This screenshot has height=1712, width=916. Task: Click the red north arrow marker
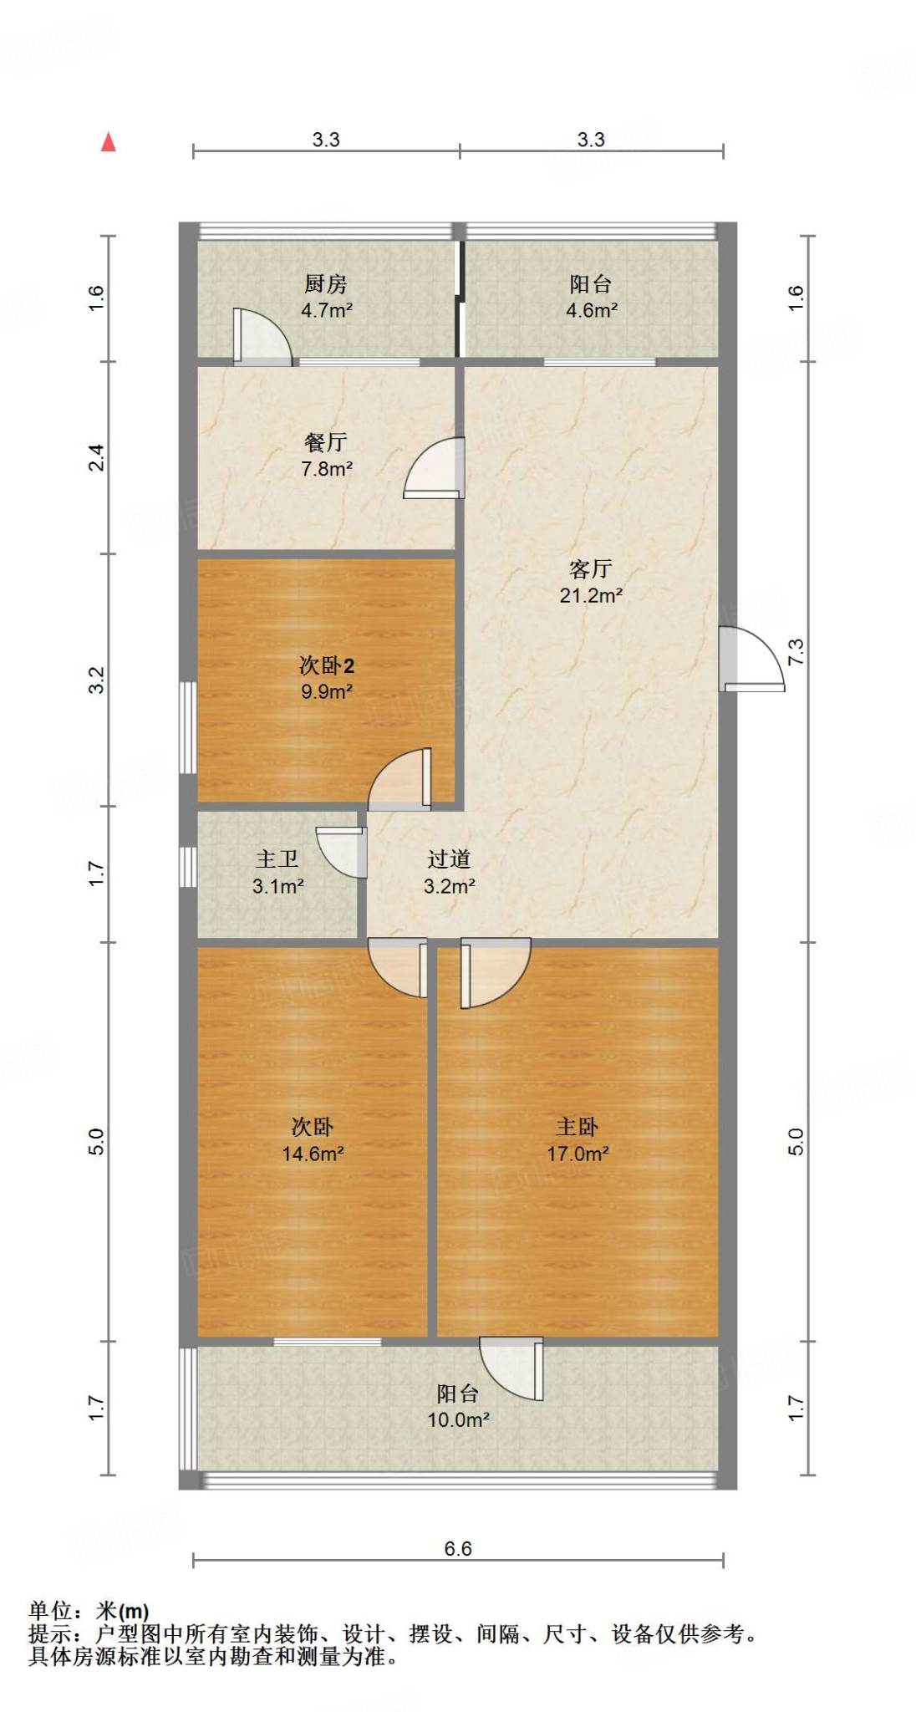click(109, 142)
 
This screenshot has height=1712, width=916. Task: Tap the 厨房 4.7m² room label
click(326, 297)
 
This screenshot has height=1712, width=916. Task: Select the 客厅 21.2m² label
click(590, 582)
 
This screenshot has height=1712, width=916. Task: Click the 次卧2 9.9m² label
click(326, 678)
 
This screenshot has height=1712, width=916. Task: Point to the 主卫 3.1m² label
click(277, 872)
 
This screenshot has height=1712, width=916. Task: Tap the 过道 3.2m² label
click(449, 872)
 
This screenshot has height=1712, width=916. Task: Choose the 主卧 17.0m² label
click(578, 1140)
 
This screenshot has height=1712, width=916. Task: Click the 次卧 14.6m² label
click(313, 1140)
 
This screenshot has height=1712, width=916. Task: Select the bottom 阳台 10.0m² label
click(458, 1406)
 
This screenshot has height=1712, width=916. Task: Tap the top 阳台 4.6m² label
click(591, 297)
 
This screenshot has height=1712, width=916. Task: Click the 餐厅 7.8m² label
click(326, 455)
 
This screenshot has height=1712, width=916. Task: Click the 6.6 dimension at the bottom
click(458, 1549)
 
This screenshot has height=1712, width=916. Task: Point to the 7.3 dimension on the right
click(796, 651)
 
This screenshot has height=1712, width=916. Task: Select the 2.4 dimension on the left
click(97, 457)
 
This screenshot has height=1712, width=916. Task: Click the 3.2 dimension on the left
click(97, 680)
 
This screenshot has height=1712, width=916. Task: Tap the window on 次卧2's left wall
click(188, 727)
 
